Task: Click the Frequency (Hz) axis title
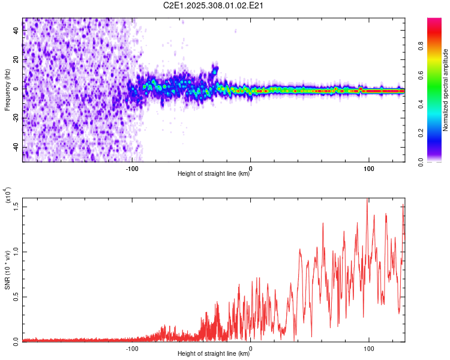click(x=7, y=89)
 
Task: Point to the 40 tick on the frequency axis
click(x=16, y=31)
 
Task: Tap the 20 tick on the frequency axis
click(x=16, y=60)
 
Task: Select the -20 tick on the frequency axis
click(x=16, y=118)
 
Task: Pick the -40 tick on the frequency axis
click(x=16, y=147)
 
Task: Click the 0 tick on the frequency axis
click(x=16, y=89)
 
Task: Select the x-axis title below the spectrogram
click(x=214, y=174)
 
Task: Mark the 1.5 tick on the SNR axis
click(x=16, y=206)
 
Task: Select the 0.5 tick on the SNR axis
click(x=16, y=296)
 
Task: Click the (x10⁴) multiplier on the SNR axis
click(x=7, y=195)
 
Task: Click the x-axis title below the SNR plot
click(x=214, y=353)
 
